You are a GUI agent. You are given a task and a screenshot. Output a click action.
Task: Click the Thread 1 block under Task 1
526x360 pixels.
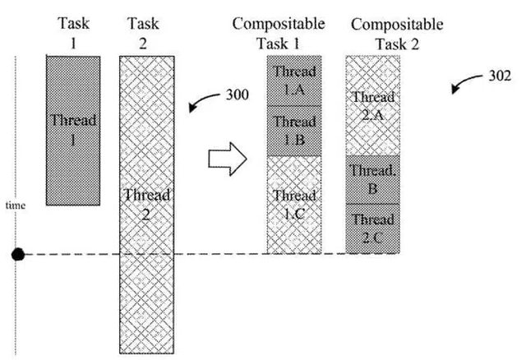[x=73, y=130]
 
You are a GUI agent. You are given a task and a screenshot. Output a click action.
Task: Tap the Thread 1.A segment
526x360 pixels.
[x=293, y=79]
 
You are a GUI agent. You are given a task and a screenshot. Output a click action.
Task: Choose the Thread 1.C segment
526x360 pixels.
[x=293, y=204]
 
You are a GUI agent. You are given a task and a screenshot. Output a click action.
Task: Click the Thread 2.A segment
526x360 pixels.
[x=372, y=105]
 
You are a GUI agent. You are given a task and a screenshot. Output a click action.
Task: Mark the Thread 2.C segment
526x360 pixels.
[x=372, y=228]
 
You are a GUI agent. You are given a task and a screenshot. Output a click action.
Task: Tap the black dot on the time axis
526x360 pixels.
[x=17, y=255]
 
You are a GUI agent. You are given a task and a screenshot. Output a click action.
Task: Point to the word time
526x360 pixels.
[x=16, y=205]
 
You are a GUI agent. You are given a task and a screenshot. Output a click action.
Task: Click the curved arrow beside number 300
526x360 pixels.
[x=201, y=104]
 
